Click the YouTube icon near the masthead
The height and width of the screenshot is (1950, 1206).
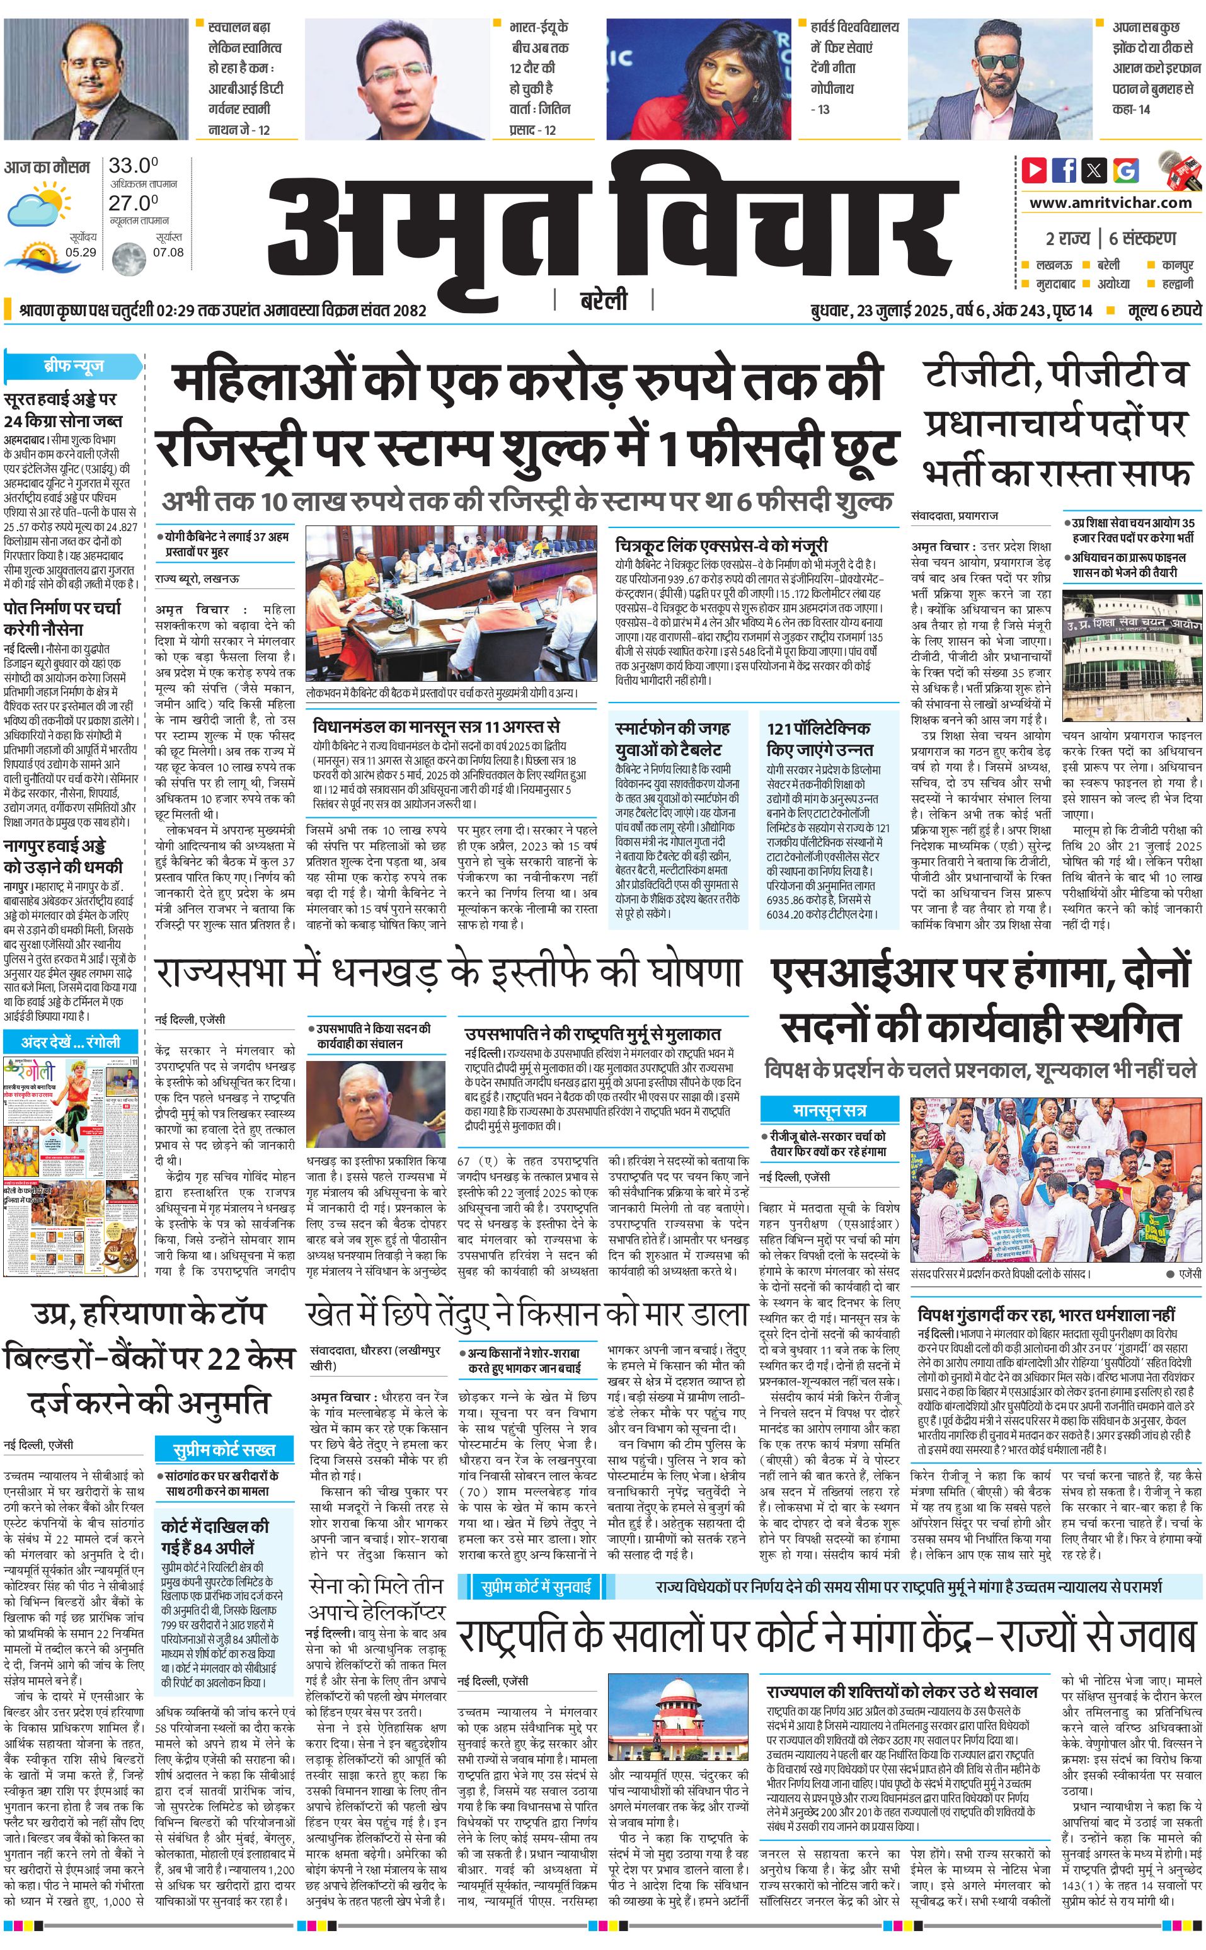tap(1035, 170)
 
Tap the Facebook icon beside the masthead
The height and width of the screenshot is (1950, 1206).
tap(1064, 170)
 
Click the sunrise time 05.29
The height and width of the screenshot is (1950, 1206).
tap(81, 252)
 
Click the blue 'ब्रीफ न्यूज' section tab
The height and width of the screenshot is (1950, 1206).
tap(72, 366)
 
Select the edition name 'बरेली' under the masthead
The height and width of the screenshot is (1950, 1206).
tap(603, 300)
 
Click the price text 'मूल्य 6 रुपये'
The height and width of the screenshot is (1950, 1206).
tap(1164, 310)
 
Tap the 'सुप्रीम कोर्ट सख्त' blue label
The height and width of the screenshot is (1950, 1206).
tap(224, 1449)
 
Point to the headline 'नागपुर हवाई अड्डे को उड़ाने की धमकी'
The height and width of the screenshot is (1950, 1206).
tap(63, 856)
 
